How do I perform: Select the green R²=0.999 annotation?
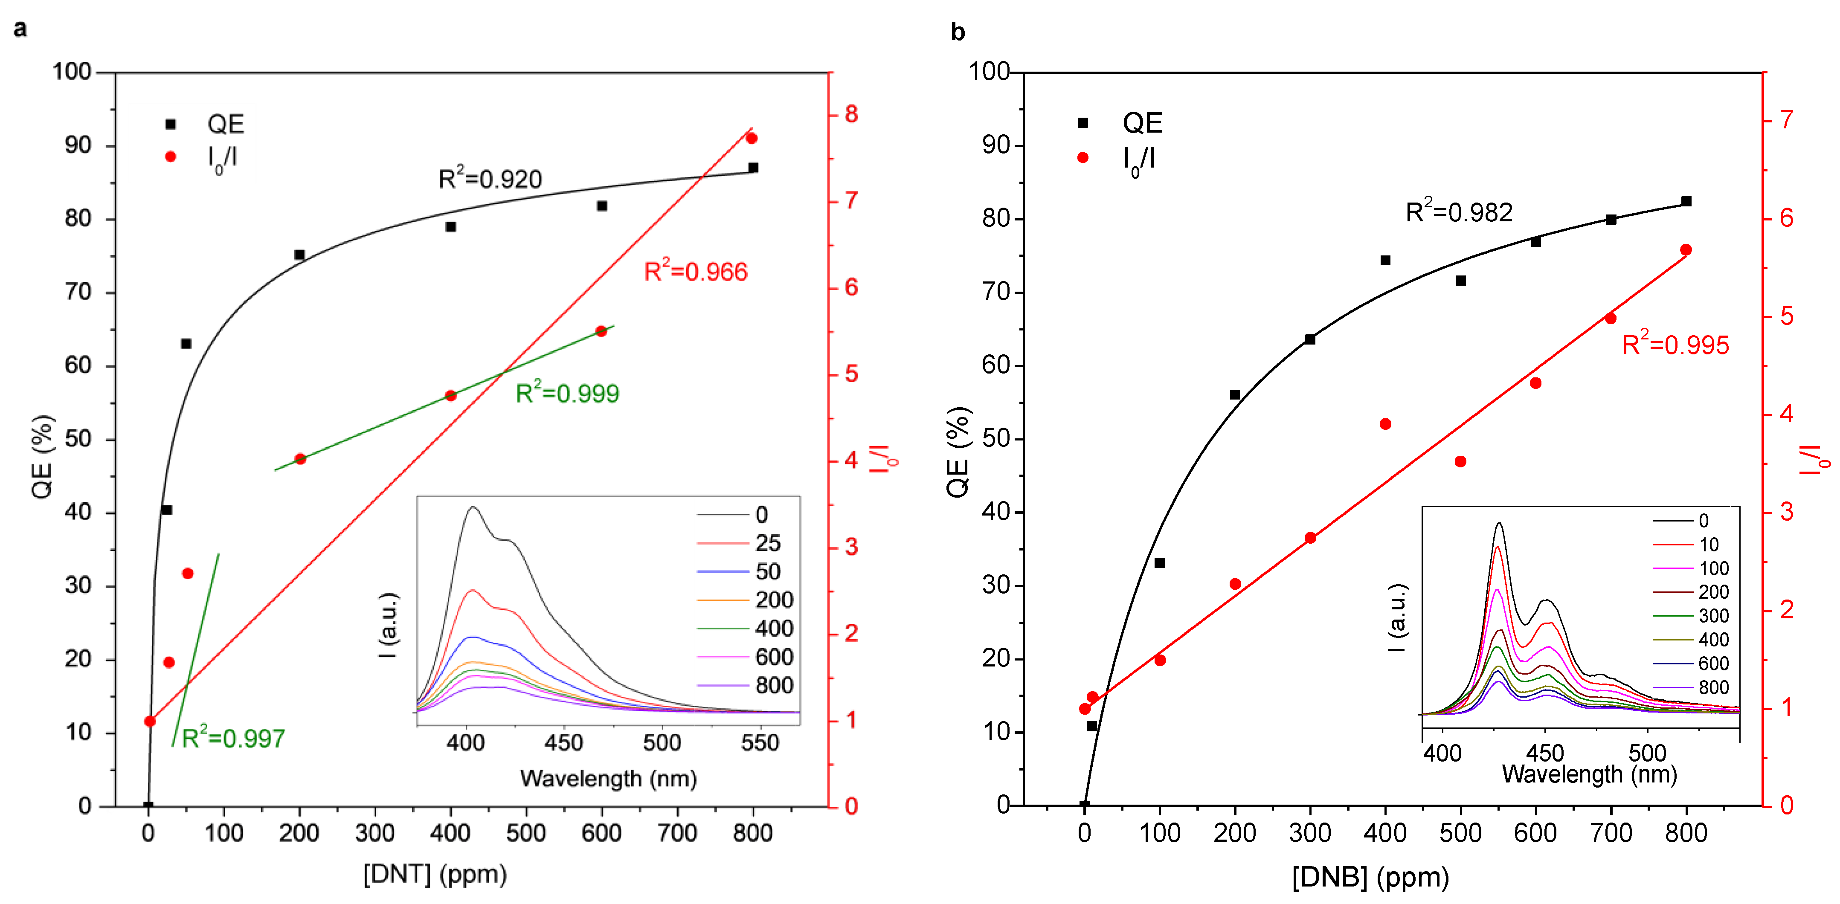tap(567, 394)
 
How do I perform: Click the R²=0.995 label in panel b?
tap(1675, 345)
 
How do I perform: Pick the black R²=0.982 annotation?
tap(1459, 212)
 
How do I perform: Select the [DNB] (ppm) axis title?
tap(1370, 877)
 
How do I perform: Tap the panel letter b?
tap(958, 32)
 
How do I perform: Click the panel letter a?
tap(20, 29)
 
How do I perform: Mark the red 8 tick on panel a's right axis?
tap(851, 114)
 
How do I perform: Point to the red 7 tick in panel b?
tap(1786, 119)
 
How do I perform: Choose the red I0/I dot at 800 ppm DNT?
tap(752, 138)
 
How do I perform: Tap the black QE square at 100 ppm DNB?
tap(1159, 563)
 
